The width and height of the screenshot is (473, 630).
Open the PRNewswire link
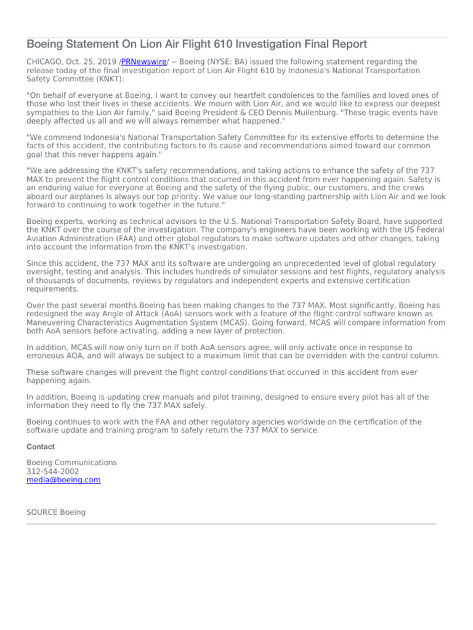[144, 62]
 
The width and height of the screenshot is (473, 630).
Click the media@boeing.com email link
[63, 480]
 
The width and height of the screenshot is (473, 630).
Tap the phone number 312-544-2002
[53, 471]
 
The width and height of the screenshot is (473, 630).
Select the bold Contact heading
[41, 447]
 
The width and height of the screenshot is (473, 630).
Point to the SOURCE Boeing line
[56, 512]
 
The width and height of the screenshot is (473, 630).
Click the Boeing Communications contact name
[71, 463]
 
